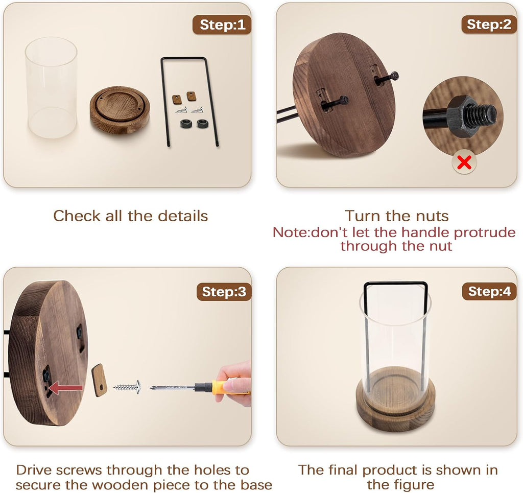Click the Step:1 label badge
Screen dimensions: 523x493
pyautogui.click(x=222, y=25)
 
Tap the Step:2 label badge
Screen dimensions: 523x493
pyautogui.click(x=489, y=25)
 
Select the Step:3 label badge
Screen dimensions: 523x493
pyautogui.click(x=224, y=292)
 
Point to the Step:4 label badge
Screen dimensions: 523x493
pyautogui.click(x=489, y=291)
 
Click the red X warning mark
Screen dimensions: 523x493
pyautogui.click(x=464, y=162)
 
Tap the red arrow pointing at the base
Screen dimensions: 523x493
pyautogui.click(x=66, y=388)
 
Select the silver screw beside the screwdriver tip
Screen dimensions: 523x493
pyautogui.click(x=127, y=387)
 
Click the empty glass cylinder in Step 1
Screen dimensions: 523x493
pyautogui.click(x=51, y=87)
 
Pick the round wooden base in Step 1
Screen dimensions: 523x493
pyautogui.click(x=120, y=110)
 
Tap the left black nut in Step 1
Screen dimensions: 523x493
pyautogui.click(x=186, y=124)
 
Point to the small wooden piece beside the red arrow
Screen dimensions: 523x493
pyautogui.click(x=99, y=380)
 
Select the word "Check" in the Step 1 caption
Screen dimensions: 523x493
pyautogui.click(x=77, y=216)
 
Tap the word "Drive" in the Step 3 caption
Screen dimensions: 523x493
pyautogui.click(x=34, y=470)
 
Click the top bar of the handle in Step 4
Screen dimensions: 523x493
pyautogui.click(x=396, y=284)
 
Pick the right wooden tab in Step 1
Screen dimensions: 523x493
pyautogui.click(x=191, y=96)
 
